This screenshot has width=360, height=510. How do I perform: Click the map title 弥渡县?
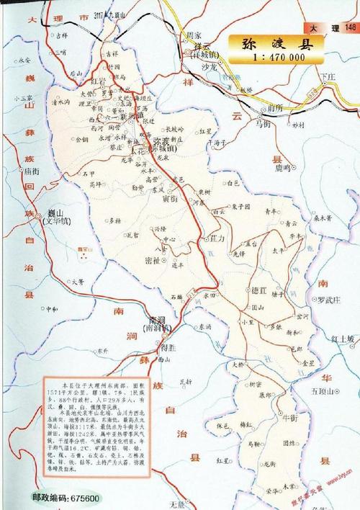point(277,43)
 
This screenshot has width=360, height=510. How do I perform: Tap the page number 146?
point(351,27)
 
